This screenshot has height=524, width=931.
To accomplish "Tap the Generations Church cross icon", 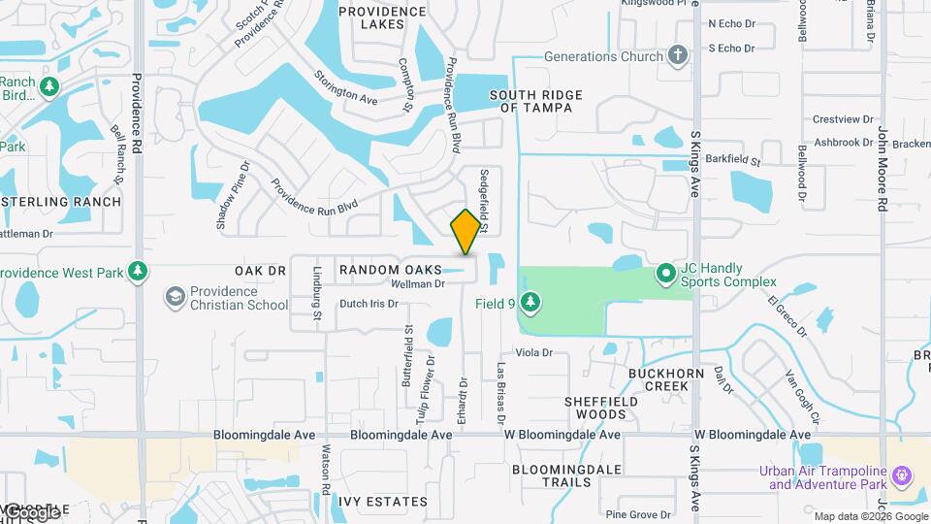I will (x=679, y=56).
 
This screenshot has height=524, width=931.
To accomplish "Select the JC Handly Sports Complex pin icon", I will (x=666, y=275).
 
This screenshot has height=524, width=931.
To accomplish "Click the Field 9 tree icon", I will (x=530, y=303).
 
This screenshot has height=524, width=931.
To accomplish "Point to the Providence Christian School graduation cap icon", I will (x=176, y=296).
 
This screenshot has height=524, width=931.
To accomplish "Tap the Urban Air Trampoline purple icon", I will (x=902, y=476).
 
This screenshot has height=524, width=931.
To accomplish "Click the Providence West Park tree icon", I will (x=138, y=272).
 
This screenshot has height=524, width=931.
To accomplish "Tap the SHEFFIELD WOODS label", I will (x=601, y=408).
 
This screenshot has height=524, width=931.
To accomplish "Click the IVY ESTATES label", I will (x=383, y=502).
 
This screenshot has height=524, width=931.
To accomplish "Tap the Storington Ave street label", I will (x=346, y=86).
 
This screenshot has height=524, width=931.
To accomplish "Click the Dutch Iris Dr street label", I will (x=369, y=304).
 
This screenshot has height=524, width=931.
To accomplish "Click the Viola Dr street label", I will (x=533, y=353).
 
